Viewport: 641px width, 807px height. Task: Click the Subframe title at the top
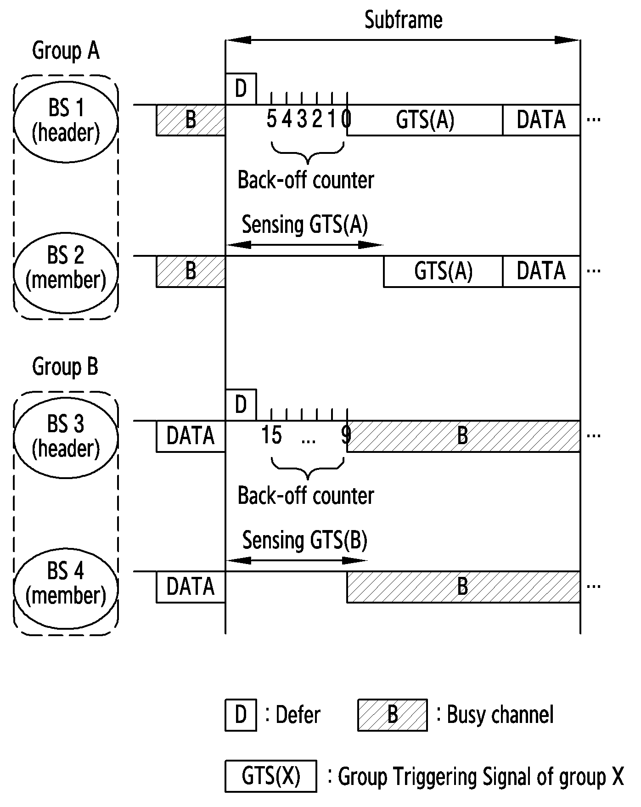click(x=403, y=20)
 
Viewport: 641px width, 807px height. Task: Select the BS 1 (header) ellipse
click(x=66, y=121)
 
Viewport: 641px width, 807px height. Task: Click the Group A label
click(x=66, y=51)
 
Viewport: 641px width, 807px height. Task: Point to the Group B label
click(x=65, y=367)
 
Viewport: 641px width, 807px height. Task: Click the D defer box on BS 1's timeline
click(x=241, y=89)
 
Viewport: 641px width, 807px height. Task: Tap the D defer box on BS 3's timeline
click(x=241, y=405)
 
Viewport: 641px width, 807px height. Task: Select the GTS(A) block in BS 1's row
click(x=425, y=120)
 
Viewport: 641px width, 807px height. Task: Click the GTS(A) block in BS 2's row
click(x=443, y=271)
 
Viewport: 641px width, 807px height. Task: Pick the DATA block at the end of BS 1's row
click(x=541, y=120)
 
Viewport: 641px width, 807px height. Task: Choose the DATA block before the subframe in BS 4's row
click(x=191, y=587)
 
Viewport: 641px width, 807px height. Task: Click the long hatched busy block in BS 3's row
click(x=463, y=436)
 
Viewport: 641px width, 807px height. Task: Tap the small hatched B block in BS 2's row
click(x=191, y=271)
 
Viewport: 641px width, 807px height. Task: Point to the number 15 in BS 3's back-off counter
click(x=271, y=435)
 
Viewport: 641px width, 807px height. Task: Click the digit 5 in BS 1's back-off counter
click(x=272, y=119)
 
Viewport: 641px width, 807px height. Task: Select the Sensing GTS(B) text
click(x=305, y=541)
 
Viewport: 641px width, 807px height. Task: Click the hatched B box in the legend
click(x=393, y=715)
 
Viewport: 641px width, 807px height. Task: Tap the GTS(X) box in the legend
click(x=271, y=776)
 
